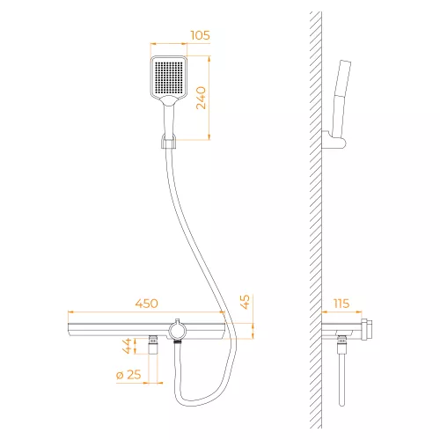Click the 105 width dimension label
click(201, 35)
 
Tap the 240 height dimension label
click(202, 98)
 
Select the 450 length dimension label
click(147, 304)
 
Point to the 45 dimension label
click(245, 302)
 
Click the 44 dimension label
click(127, 346)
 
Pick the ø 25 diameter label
click(128, 375)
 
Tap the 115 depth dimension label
click(341, 304)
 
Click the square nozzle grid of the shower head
click(168, 77)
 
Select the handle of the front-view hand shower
click(169, 121)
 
